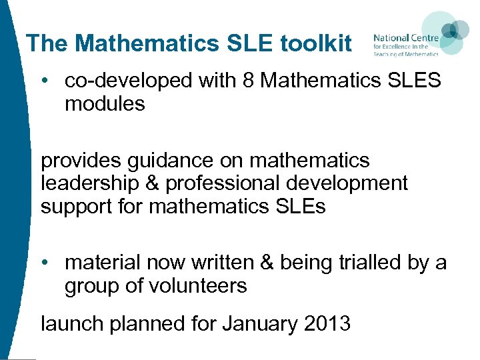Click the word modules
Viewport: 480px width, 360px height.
pos(105,104)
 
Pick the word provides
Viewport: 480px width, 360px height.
pos(79,161)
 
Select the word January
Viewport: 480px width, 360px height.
pos(261,324)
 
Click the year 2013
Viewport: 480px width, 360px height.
pos(327,324)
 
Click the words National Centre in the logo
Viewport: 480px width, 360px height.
pos(405,37)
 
